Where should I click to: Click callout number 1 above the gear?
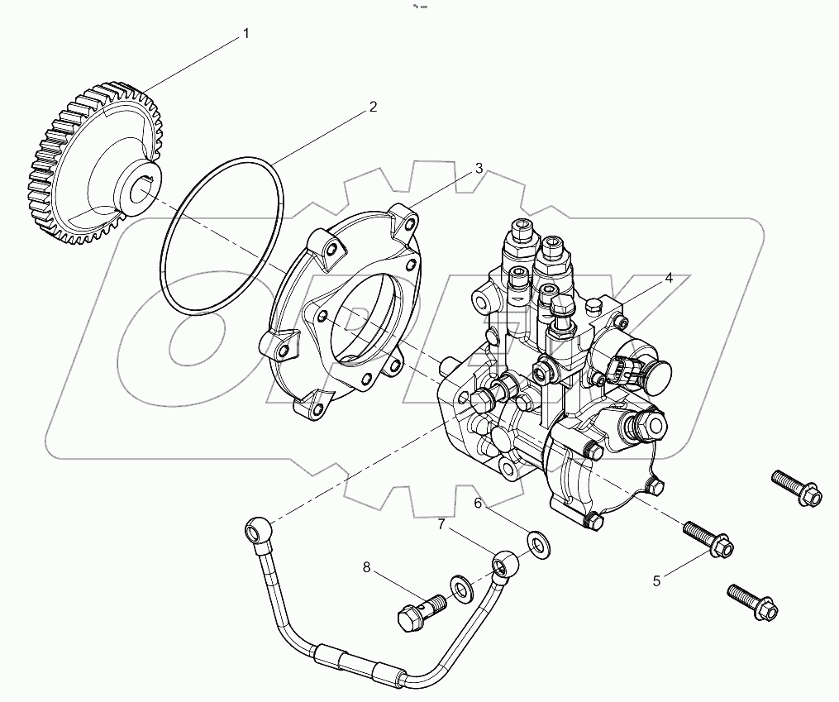246,34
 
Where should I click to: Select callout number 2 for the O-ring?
373,107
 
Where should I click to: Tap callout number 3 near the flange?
479,169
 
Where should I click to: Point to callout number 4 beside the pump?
669,279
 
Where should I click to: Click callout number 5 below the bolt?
657,580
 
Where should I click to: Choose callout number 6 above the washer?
478,503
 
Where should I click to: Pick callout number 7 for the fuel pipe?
441,524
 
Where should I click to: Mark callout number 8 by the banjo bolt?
365,567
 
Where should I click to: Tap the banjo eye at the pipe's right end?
504,565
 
